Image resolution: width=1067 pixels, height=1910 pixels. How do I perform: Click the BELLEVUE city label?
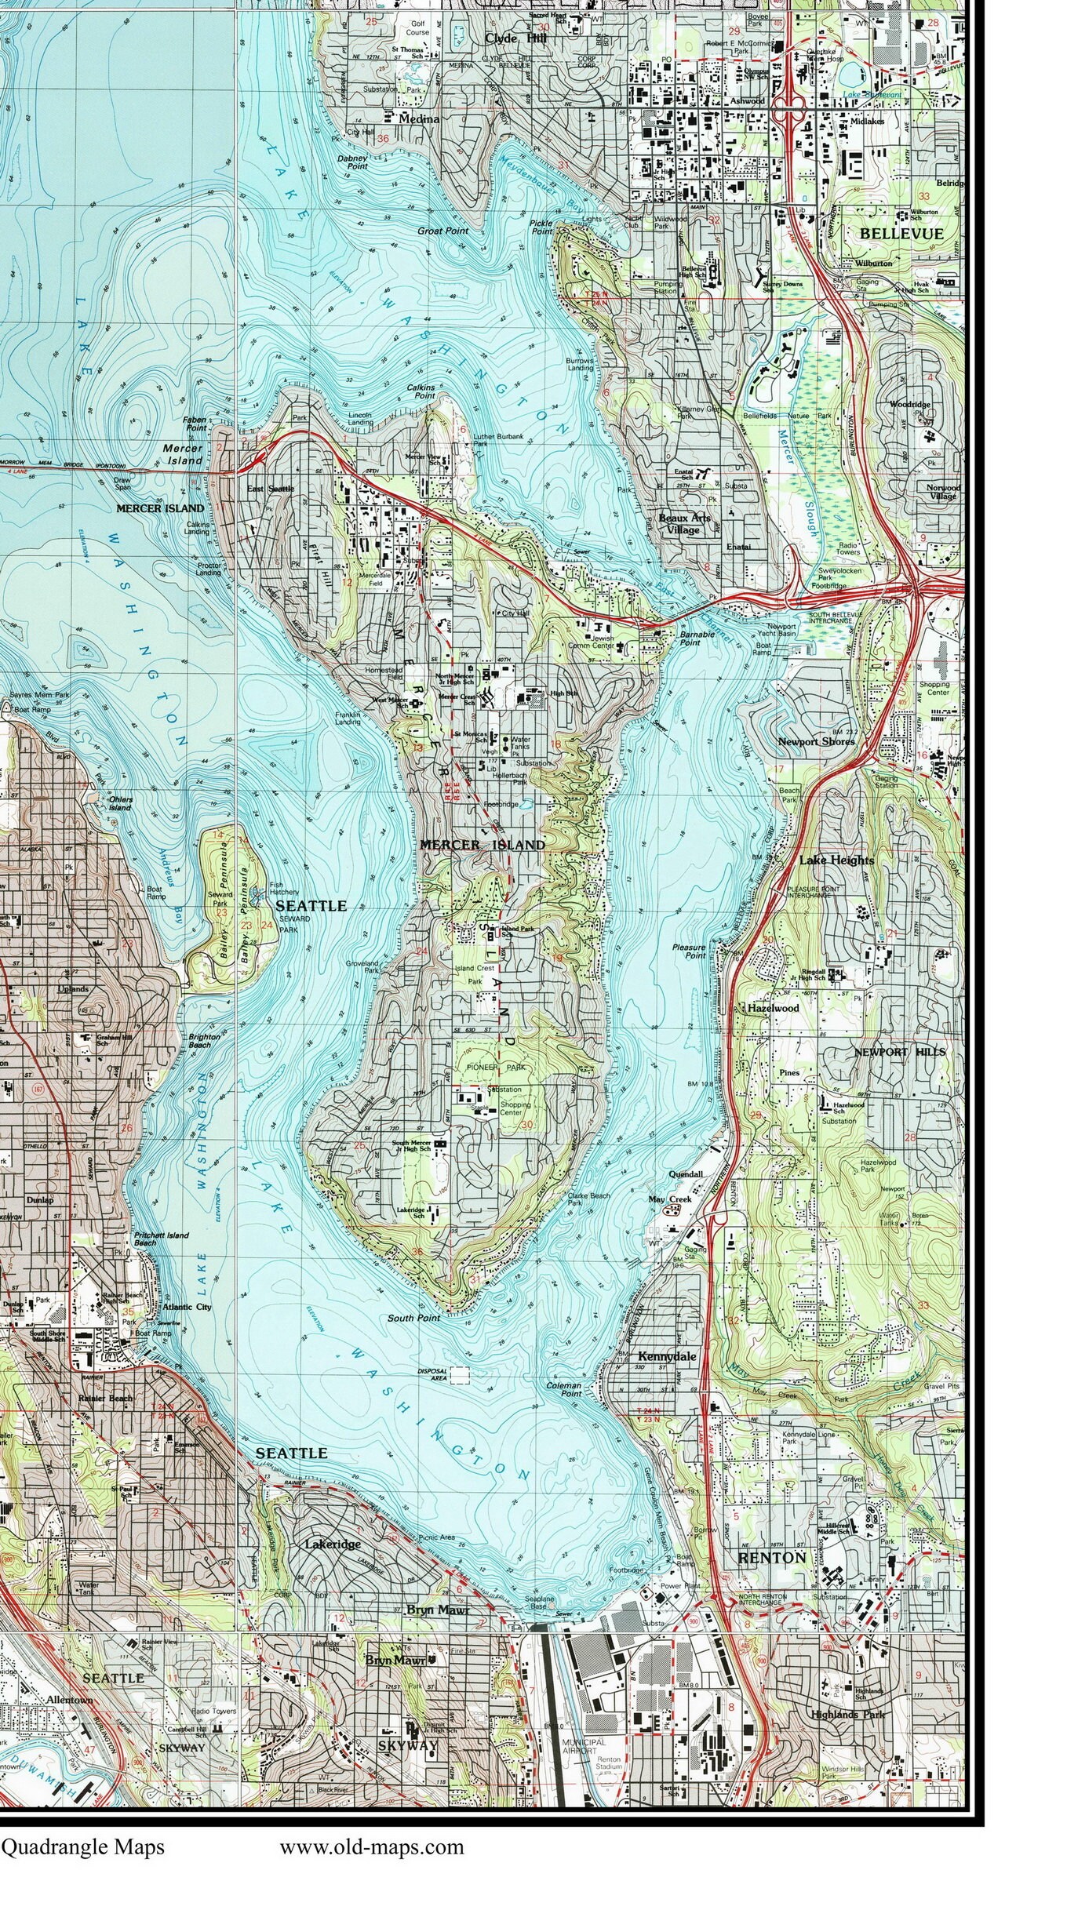(901, 234)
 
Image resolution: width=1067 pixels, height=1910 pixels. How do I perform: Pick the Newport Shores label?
(815, 741)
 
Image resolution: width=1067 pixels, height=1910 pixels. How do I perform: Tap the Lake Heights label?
(836, 860)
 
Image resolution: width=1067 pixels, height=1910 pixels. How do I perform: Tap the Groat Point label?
(442, 231)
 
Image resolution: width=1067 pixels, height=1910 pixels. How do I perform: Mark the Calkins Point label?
(421, 391)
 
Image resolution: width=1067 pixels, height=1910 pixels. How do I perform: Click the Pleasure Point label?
(689, 951)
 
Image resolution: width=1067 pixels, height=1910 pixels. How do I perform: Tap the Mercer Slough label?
(800, 482)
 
